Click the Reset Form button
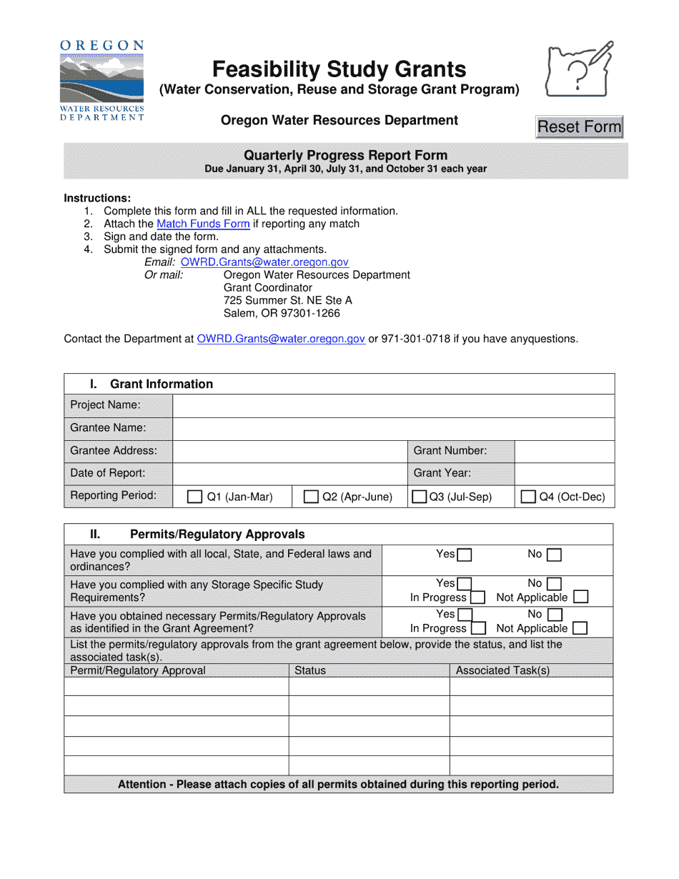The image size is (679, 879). (x=579, y=127)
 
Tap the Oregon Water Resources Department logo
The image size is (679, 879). (x=101, y=81)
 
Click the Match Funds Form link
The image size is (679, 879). (x=203, y=224)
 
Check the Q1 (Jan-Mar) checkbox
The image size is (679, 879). (x=194, y=497)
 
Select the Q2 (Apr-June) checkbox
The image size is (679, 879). (x=311, y=497)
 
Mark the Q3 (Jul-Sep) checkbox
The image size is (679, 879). (x=420, y=497)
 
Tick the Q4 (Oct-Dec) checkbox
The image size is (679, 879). (x=528, y=497)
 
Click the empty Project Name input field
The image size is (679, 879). (x=393, y=406)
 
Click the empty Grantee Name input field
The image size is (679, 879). (x=393, y=429)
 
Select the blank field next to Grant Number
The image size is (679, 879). (x=564, y=452)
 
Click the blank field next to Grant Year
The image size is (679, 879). (x=564, y=474)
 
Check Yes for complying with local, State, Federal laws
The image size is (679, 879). (x=465, y=555)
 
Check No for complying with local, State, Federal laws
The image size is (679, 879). (x=554, y=555)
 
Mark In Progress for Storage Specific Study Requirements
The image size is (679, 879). (x=478, y=597)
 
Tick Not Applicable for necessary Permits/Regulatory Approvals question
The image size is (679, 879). (x=580, y=629)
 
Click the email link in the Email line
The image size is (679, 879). (x=264, y=262)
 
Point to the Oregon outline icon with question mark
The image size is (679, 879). (x=578, y=69)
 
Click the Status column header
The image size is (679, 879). (x=309, y=670)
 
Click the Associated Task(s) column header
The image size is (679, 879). (x=502, y=670)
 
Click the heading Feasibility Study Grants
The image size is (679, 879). (x=339, y=69)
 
